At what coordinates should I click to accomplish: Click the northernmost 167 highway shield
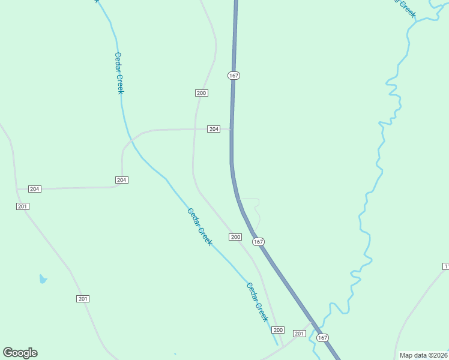point(234,76)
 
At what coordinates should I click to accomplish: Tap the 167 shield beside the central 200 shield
point(258,241)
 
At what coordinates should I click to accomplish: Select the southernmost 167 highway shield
point(322,338)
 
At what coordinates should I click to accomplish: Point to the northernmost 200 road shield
point(201,93)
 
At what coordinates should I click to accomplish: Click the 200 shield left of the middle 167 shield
point(235,237)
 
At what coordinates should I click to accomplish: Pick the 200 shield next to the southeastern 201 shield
point(277,330)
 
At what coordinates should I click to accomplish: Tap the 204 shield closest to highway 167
point(214,129)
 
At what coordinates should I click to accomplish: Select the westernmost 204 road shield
point(34,189)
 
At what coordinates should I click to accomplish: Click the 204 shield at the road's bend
point(121,180)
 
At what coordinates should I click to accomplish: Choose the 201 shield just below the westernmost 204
point(23,206)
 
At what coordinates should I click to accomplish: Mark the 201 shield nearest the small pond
point(83,299)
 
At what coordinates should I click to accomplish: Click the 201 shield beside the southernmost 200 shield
point(299,333)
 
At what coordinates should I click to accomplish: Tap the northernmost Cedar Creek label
point(119,73)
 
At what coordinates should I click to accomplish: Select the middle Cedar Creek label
point(199,226)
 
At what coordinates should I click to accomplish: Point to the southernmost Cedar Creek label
point(257,302)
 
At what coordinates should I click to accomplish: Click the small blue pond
point(43,278)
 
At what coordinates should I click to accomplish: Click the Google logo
point(20,353)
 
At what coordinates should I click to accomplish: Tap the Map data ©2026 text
point(423,355)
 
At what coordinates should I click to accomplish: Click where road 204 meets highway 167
point(231,129)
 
